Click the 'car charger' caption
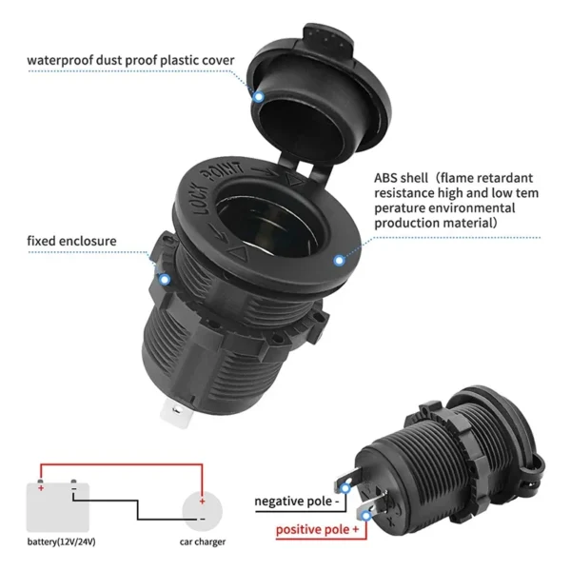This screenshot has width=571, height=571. (203, 541)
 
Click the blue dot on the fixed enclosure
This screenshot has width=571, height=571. (164, 280)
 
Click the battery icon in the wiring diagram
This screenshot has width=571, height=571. (57, 505)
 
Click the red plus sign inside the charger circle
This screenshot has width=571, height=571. (202, 499)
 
